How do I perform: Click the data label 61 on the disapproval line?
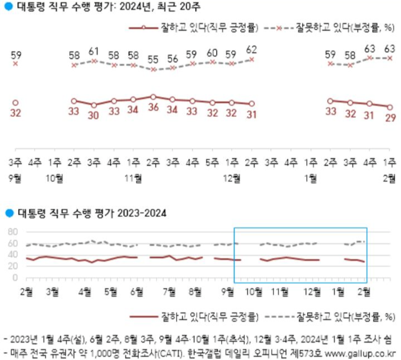[94, 51]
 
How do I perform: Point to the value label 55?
[153, 59]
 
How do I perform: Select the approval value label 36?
[153, 109]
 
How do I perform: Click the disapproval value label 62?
[251, 48]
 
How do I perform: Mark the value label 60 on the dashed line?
[212, 52]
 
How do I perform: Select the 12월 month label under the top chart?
[232, 178]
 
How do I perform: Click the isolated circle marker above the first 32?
[16, 102]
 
